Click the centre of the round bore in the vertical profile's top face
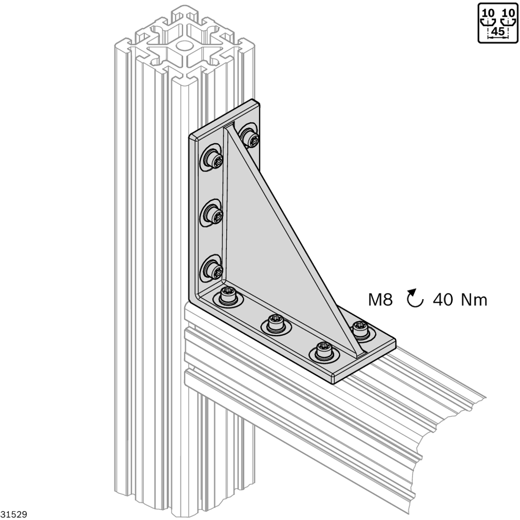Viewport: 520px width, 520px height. click(x=184, y=46)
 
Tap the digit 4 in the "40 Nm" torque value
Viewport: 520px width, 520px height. click(x=438, y=300)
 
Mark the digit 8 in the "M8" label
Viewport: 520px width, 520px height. click(x=387, y=300)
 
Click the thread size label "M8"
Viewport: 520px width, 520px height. click(x=380, y=300)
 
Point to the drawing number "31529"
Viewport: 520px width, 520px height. click(x=14, y=514)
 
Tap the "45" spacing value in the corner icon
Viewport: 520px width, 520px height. click(x=497, y=32)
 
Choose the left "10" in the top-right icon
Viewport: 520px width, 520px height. click(x=488, y=13)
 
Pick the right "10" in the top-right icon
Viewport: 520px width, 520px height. click(x=508, y=13)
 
